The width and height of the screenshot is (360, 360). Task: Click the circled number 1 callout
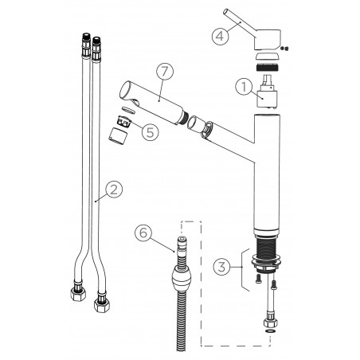click(244, 87)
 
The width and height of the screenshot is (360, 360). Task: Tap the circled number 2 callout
click(114, 190)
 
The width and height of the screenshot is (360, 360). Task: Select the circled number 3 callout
click(222, 267)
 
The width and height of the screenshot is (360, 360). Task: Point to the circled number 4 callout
click(220, 36)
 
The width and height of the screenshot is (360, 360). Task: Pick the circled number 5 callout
click(151, 132)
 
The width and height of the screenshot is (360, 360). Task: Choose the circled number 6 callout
click(143, 233)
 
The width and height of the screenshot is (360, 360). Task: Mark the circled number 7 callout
click(165, 72)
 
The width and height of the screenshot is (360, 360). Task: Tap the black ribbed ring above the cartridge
click(268, 67)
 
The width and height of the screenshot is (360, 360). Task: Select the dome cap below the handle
click(268, 57)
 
